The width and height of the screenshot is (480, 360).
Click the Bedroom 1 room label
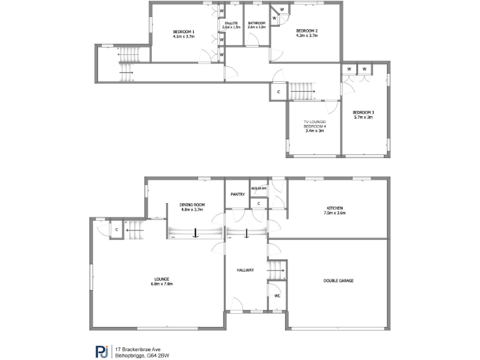click(x=184, y=32)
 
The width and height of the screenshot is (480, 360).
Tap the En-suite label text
click(x=231, y=23)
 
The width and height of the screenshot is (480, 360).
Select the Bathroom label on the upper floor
click(x=257, y=23)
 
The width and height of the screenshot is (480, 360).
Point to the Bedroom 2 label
click(x=307, y=31)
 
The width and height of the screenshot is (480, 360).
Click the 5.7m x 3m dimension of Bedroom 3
click(x=364, y=117)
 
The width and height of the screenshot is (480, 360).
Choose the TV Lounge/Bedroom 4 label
click(x=314, y=124)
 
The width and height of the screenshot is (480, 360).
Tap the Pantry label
click(x=237, y=194)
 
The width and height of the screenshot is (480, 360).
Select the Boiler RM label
click(x=259, y=188)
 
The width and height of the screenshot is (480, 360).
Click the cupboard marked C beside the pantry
click(x=259, y=202)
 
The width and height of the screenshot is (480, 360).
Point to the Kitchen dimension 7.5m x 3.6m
click(x=335, y=213)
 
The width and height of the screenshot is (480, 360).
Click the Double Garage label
click(x=338, y=281)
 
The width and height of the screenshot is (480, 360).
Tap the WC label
click(x=277, y=296)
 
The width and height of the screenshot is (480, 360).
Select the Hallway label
click(x=245, y=270)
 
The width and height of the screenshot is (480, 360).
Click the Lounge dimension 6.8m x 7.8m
click(x=162, y=284)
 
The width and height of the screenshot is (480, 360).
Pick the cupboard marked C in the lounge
click(x=117, y=230)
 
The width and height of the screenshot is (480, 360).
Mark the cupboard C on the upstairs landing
click(x=278, y=92)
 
